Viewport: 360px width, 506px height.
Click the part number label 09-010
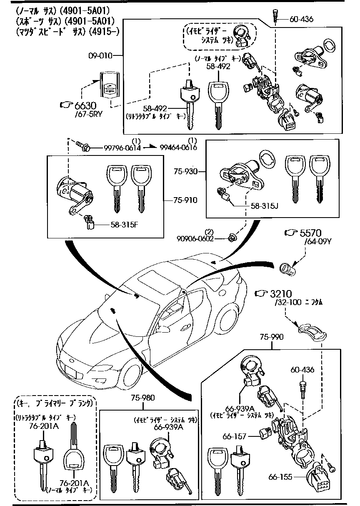101,55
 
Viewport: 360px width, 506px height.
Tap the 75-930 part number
185,171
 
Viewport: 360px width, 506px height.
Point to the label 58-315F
124,225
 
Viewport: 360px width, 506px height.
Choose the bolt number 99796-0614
116,148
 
